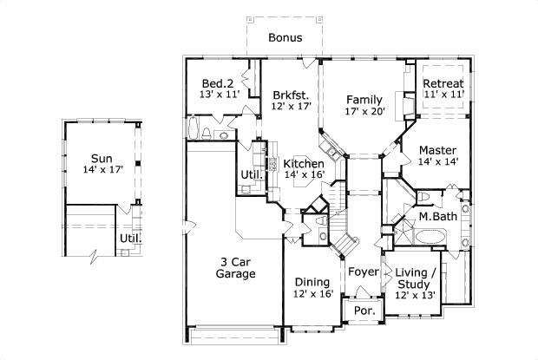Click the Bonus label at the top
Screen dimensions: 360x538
click(285, 37)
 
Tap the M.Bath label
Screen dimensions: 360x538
click(438, 216)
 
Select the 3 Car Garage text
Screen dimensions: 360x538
click(235, 267)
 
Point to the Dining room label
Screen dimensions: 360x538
click(312, 282)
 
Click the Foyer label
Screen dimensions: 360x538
click(364, 272)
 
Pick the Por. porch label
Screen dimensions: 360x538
click(358, 310)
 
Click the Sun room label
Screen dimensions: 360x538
click(102, 158)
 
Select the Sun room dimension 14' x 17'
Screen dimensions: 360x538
click(102, 170)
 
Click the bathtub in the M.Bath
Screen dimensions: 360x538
click(428, 237)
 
